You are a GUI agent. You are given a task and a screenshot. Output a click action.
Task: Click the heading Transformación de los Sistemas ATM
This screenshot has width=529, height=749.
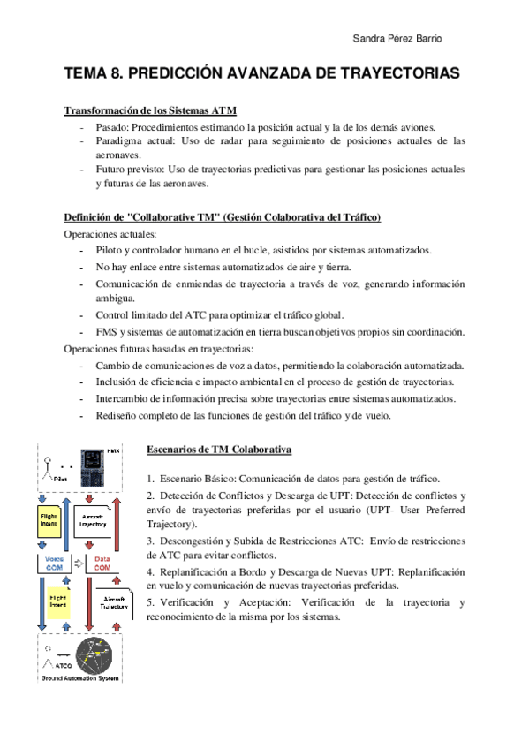tap(150, 111)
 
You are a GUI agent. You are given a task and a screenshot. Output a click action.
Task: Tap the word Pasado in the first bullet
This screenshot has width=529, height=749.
tap(113, 127)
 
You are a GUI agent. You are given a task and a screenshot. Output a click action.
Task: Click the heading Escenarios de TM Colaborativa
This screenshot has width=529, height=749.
tap(218, 450)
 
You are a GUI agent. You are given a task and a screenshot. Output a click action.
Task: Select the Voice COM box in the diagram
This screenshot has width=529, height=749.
tap(52, 562)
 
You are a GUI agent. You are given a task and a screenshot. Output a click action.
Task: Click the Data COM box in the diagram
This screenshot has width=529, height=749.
tap(103, 562)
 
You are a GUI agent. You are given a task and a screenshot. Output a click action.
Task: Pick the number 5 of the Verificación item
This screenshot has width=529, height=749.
tap(150, 602)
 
